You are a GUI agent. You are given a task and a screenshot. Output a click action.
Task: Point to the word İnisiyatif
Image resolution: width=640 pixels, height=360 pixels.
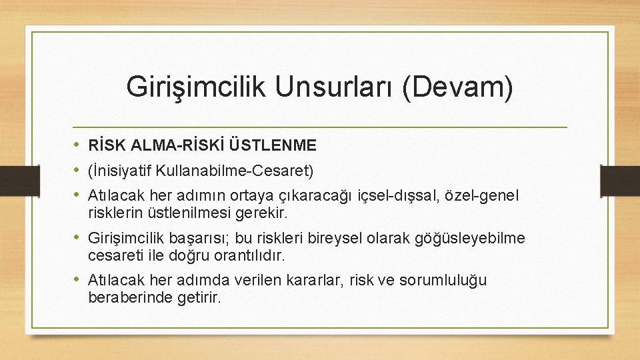pyautogui.click(x=120, y=171)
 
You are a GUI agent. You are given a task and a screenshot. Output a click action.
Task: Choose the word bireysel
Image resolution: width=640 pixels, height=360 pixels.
pyautogui.click(x=323, y=239)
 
